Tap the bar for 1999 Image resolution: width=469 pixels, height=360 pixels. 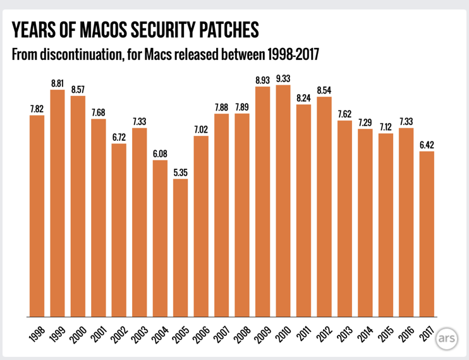point(58,203)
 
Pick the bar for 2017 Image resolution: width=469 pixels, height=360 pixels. point(427,234)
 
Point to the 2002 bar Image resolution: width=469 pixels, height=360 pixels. point(119,230)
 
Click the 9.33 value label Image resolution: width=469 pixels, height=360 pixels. point(283,78)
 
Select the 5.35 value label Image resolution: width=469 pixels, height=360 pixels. point(181,172)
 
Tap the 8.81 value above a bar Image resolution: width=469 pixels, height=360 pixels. point(58,83)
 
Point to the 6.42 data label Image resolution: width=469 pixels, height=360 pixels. point(427,145)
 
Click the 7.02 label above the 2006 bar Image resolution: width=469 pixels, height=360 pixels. point(201,129)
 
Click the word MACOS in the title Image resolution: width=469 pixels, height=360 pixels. point(111,30)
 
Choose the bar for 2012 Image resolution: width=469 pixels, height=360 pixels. point(324,207)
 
